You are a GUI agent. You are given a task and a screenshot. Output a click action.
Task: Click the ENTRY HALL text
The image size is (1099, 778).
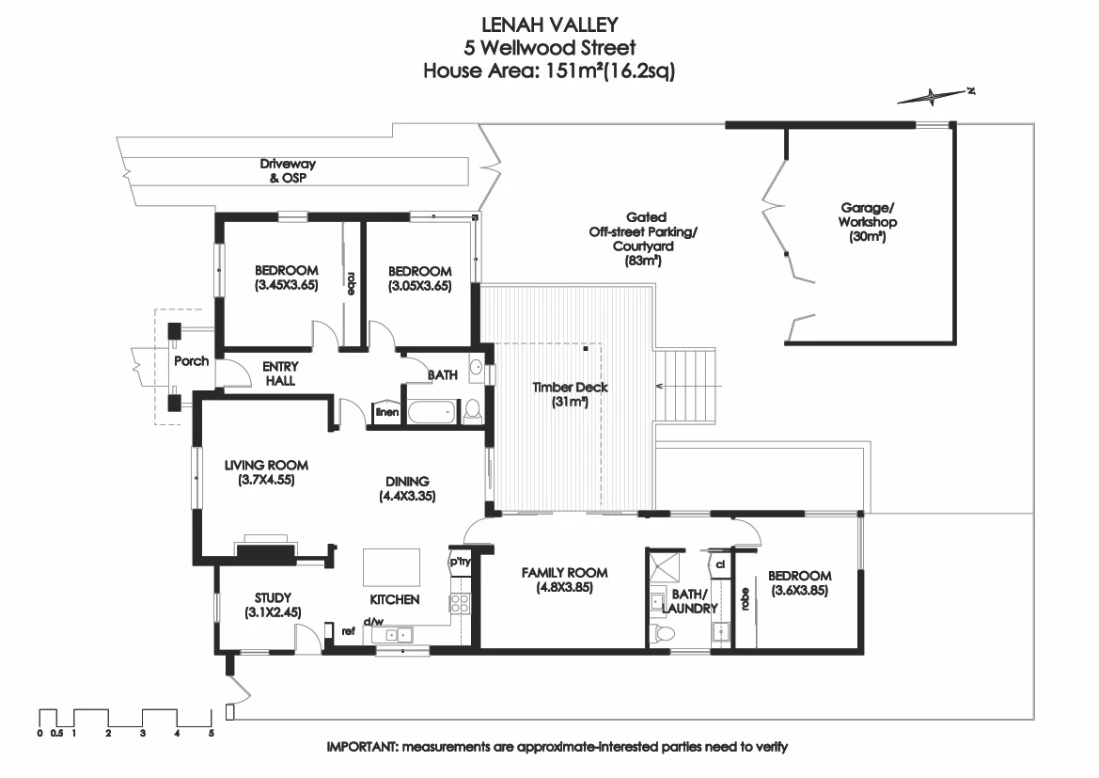279,373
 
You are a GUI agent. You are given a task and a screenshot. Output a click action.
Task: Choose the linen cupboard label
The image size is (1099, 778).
386,412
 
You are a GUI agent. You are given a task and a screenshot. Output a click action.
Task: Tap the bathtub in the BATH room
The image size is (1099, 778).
430,411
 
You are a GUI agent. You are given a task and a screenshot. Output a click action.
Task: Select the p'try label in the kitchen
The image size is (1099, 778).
460,562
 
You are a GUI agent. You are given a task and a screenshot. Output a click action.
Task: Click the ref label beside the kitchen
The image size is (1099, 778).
348,631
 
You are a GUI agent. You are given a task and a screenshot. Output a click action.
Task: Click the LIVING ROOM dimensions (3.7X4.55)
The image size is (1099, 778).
266,480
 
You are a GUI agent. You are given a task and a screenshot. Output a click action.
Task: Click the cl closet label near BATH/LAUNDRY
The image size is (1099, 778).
719,565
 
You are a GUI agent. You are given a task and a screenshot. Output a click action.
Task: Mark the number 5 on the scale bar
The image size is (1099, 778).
212,732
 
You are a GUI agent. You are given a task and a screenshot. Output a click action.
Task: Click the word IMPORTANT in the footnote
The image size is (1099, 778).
362,748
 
